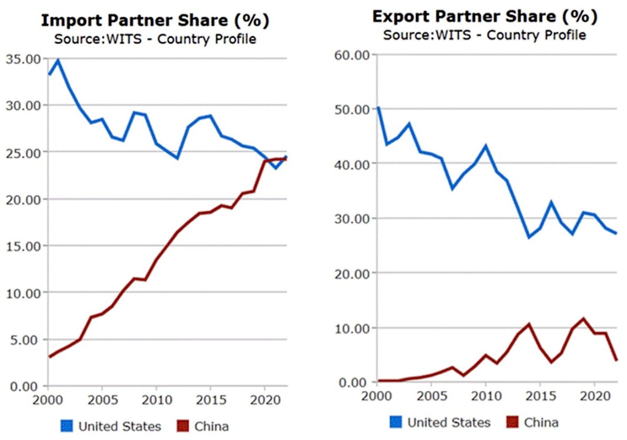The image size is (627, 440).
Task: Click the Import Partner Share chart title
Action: [x=155, y=20]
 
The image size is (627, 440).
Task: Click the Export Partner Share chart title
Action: [x=484, y=16]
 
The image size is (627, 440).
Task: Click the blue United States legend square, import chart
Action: [x=66, y=426]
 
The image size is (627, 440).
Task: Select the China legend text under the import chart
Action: [x=212, y=426]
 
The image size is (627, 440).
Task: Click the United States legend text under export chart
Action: [x=449, y=422]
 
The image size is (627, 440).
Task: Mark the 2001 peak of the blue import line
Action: [x=58, y=60]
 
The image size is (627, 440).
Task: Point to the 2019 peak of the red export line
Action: [x=584, y=318]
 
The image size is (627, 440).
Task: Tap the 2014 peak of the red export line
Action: [x=529, y=324]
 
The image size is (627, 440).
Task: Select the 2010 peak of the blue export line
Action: [x=486, y=146]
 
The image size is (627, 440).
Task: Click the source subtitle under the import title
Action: [x=155, y=39]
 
